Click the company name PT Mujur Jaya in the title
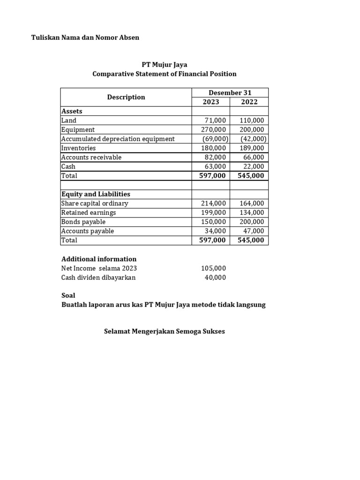[x=164, y=65]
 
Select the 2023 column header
[x=210, y=102]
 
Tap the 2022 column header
[x=249, y=102]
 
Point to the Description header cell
[x=126, y=97]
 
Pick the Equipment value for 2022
[x=252, y=130]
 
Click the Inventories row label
[x=79, y=148]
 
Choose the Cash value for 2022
[x=254, y=166]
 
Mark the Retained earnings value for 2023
[x=213, y=213]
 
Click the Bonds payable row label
[x=83, y=222]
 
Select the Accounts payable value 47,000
[x=254, y=231]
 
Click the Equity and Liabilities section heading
[x=96, y=194]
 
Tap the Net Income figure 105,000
[x=213, y=269]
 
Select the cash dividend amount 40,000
[x=215, y=277]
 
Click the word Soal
[x=68, y=296]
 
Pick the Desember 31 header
[x=230, y=93]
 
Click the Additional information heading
[x=99, y=259]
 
